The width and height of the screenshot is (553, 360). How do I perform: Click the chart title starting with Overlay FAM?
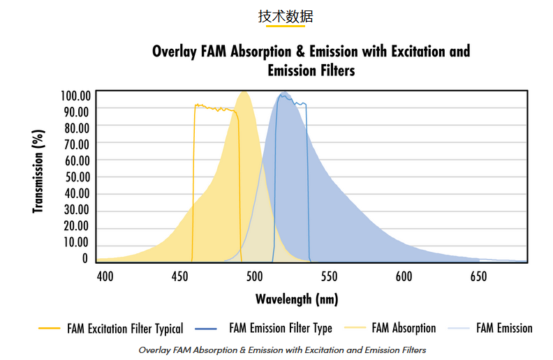tap(311, 61)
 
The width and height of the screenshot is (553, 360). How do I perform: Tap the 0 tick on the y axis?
tap(85, 258)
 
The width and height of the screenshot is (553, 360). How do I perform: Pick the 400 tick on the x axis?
tap(105, 276)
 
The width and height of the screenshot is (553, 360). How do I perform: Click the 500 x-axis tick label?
tap(254, 276)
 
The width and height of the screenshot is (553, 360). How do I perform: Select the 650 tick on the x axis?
tap(478, 276)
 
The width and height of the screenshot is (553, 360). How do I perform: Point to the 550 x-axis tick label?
tap(329, 276)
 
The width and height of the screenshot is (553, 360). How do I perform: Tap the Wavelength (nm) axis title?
tap(297, 299)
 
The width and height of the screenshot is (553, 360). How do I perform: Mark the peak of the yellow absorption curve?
tap(244, 92)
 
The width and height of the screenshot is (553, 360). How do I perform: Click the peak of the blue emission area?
tap(283, 93)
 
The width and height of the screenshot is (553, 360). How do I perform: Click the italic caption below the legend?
tap(282, 350)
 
